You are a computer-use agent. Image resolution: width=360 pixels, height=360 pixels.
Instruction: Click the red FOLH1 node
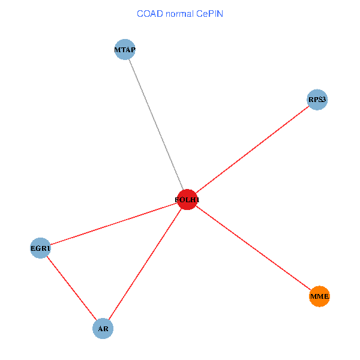coord(187,200)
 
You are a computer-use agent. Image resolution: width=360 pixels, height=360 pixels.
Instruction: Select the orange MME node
coord(319,296)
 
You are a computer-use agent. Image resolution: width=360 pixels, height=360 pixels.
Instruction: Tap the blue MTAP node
coord(125,50)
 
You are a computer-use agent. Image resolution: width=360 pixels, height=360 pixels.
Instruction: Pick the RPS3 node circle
coord(317,100)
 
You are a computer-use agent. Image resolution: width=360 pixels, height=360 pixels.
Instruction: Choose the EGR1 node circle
coord(40,248)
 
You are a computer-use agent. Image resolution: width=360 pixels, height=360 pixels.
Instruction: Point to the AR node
coord(103,329)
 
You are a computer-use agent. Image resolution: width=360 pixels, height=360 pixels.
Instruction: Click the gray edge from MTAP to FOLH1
coord(156,125)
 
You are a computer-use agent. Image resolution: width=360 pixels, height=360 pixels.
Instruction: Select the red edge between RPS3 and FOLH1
coord(252,149)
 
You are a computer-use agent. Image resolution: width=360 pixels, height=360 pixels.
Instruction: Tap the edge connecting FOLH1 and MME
coord(253,248)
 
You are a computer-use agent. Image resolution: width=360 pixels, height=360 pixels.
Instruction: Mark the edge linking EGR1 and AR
coord(71,289)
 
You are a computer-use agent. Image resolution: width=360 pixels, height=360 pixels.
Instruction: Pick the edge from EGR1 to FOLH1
coord(114,224)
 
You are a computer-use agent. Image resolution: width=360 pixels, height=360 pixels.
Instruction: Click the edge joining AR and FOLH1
coord(145,264)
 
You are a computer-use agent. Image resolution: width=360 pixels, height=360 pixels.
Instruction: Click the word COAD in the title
coord(150,14)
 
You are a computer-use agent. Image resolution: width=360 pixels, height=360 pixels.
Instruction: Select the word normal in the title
coord(179,14)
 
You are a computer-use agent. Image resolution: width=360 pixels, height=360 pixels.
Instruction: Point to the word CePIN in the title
coord(209,14)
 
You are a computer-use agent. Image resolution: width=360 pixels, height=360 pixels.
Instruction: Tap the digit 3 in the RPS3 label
coord(323,100)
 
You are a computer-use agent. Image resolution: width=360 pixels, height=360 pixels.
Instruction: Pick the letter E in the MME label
coord(326,296)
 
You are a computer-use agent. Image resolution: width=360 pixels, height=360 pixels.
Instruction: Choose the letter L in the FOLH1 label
coord(187,200)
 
